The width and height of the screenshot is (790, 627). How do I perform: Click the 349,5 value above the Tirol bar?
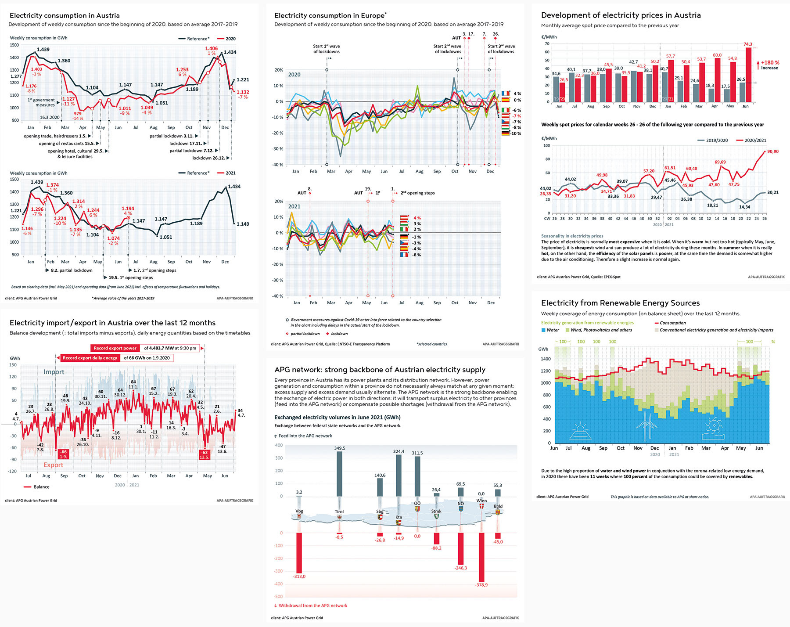tap(339, 448)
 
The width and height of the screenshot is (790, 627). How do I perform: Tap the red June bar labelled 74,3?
tap(748, 75)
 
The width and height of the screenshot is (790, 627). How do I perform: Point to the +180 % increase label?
tap(770, 63)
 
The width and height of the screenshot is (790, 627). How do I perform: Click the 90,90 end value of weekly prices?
tap(773, 151)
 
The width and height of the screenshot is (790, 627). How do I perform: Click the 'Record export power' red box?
tap(115, 348)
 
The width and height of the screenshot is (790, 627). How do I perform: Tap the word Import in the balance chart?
tap(54, 372)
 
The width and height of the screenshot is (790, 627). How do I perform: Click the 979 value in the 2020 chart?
tap(78, 114)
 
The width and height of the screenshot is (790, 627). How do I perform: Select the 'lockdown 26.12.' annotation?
tap(208, 158)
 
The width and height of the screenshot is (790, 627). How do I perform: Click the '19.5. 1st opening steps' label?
tap(130, 277)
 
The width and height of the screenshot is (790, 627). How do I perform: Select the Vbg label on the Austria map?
tap(299, 511)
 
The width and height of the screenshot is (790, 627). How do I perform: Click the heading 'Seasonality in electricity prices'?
tap(572, 236)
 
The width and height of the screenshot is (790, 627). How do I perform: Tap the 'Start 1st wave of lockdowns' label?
tap(326, 49)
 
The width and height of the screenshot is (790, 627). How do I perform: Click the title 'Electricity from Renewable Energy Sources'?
tap(620, 303)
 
